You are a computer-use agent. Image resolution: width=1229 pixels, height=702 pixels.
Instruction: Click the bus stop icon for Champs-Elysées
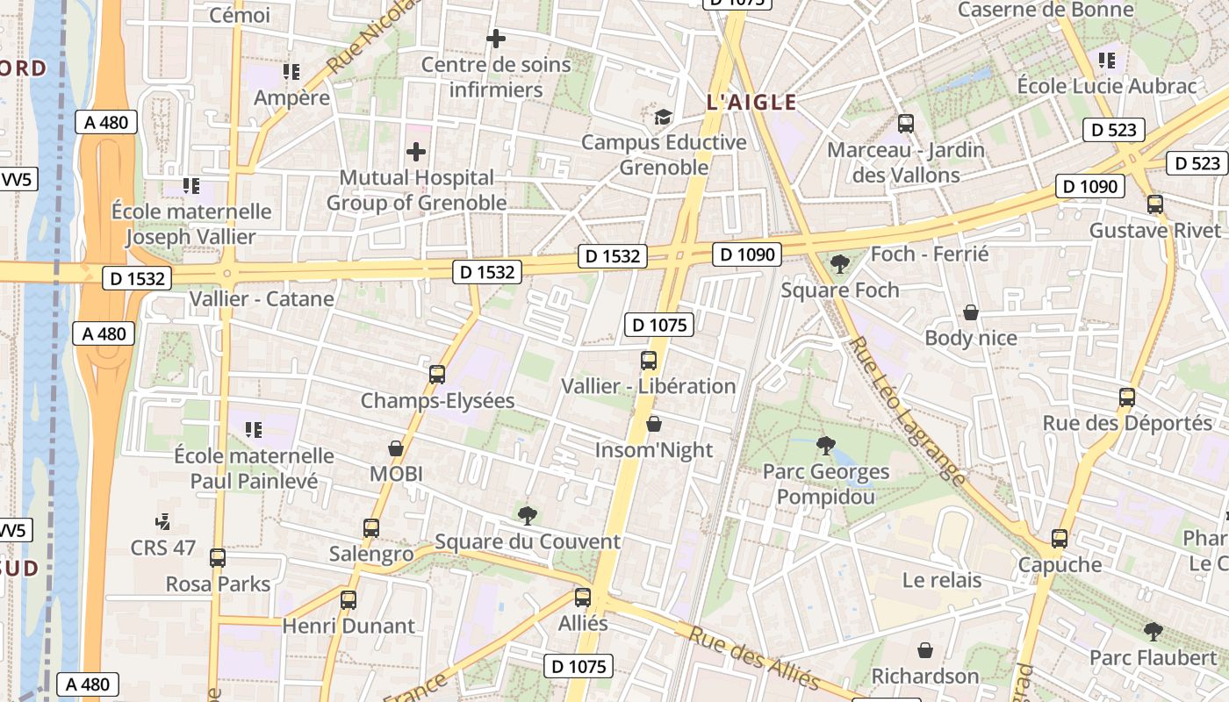tap(437, 375)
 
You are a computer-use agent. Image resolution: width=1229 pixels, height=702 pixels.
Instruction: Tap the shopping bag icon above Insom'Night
tap(654, 425)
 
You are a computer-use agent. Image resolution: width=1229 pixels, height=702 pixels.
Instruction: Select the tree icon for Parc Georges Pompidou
tap(825, 446)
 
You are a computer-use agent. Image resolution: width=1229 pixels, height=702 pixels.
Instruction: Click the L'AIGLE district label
tap(751, 103)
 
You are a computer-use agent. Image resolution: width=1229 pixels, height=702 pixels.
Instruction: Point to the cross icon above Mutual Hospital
tap(416, 152)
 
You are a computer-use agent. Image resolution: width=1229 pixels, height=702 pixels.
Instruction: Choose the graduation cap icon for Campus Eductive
tap(664, 117)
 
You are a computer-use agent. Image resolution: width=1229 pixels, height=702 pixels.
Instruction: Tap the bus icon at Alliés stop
tap(583, 598)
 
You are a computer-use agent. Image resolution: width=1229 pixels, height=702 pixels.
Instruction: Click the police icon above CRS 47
tap(163, 523)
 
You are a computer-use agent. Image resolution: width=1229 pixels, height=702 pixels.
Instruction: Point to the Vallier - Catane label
tap(262, 298)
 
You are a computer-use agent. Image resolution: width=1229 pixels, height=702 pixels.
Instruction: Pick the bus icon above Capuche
tap(1060, 539)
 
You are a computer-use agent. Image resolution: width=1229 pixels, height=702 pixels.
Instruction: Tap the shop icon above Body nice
tap(971, 312)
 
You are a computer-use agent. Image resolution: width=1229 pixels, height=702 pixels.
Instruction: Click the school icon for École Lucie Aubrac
tap(1107, 61)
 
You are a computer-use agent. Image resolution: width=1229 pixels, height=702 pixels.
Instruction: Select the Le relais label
tap(942, 580)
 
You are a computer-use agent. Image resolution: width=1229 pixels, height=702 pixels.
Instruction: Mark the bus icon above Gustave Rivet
tap(1155, 204)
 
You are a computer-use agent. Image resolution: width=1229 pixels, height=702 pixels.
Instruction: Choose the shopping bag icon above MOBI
tap(396, 448)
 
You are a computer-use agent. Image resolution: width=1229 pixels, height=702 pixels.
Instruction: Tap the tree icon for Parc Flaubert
tap(1154, 632)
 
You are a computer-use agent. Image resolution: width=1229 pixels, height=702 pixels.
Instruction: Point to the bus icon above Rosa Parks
tap(218, 558)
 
